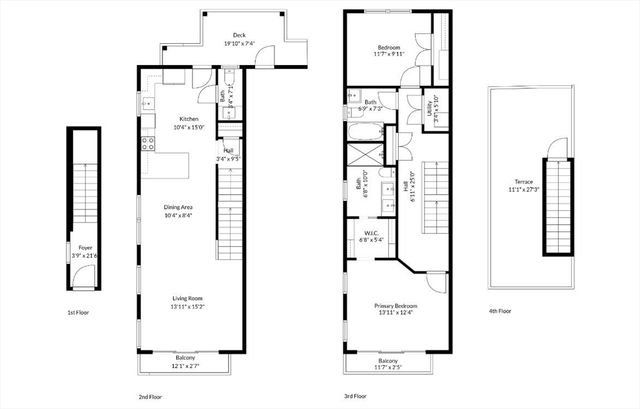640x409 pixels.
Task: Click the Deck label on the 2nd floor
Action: click(x=239, y=33)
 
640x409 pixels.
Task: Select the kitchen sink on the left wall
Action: click(x=146, y=103)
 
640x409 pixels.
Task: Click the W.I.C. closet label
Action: click(x=371, y=233)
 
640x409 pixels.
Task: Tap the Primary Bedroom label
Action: click(x=396, y=305)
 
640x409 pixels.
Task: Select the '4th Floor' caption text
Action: click(x=500, y=311)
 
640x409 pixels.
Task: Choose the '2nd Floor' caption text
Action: click(x=150, y=396)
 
